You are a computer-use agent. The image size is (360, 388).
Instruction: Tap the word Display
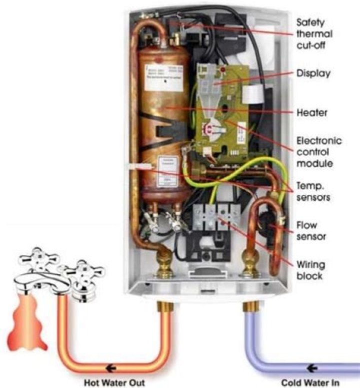(313, 73)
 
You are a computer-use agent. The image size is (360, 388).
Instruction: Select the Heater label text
(312, 113)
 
